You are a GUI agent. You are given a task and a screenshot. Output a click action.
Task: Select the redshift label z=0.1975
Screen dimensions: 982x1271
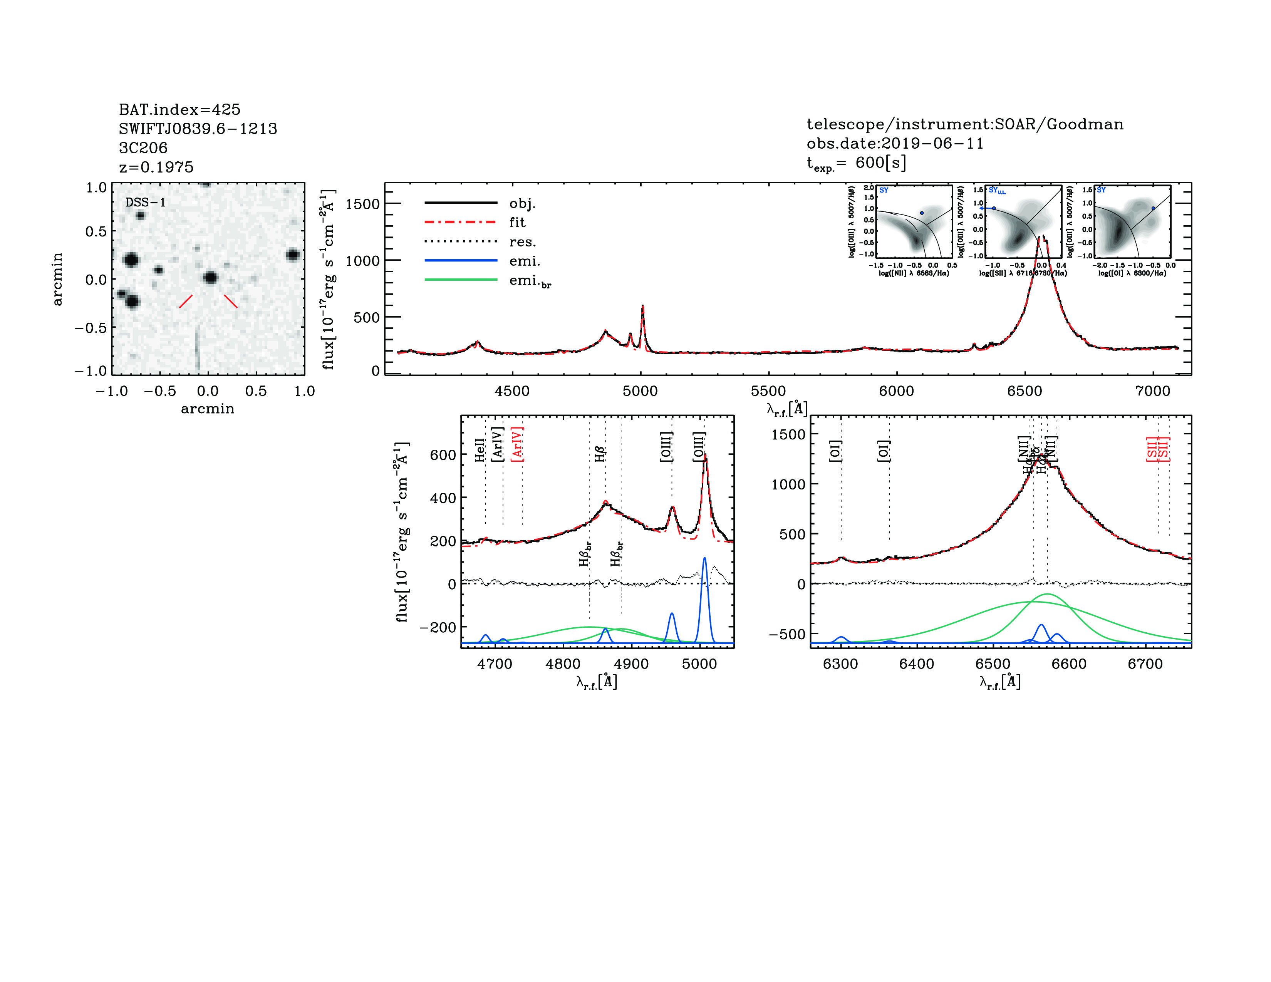(156, 167)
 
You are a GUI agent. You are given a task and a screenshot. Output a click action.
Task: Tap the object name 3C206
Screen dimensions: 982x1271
(143, 148)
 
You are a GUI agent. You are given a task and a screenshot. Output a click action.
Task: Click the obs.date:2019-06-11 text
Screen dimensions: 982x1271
(895, 143)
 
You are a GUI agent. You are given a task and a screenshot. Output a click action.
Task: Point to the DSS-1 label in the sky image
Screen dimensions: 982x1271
(146, 203)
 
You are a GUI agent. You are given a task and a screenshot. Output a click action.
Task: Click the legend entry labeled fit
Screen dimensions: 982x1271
(517, 222)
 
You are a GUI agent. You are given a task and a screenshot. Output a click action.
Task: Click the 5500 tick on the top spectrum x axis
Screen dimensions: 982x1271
(768, 391)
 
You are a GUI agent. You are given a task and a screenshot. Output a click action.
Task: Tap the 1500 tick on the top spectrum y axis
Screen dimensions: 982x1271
(362, 204)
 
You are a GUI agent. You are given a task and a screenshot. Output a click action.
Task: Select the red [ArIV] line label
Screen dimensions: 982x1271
(517, 444)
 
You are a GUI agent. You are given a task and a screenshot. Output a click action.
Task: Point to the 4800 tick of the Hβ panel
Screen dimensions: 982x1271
(563, 664)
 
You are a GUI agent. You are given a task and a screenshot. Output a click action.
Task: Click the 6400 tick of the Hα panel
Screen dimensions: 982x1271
(917, 664)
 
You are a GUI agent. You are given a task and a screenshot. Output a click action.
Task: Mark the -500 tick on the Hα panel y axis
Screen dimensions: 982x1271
(787, 633)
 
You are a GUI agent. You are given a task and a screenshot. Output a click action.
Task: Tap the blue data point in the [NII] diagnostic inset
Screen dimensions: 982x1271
(922, 213)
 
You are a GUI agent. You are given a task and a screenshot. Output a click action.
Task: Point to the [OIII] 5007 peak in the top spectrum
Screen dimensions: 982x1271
(642, 306)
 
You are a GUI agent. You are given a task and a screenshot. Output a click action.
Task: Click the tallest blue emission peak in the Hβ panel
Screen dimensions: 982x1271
(705, 558)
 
